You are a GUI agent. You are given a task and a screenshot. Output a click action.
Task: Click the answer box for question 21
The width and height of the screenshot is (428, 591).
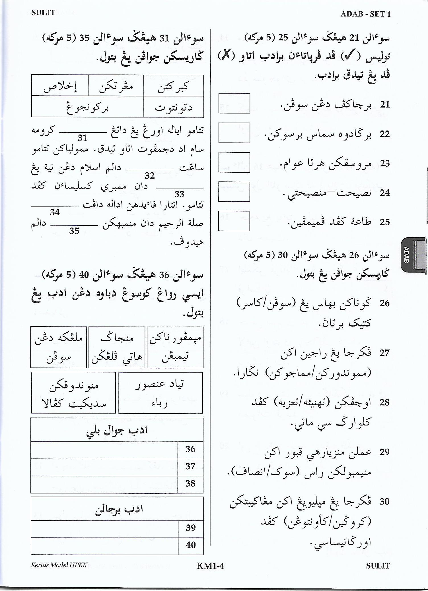234,104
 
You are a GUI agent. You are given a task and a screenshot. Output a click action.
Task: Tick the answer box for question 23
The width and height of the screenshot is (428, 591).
234,162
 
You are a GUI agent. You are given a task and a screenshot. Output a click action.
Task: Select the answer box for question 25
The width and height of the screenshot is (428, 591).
234,221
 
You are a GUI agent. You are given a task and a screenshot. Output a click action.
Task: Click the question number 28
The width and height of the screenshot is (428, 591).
384,402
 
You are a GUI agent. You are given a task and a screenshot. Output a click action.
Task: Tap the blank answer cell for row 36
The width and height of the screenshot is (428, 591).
104,450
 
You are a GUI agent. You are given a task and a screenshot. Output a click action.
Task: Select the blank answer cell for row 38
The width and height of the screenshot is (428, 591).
104,484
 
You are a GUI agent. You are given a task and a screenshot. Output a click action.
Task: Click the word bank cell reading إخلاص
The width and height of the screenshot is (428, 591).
60,86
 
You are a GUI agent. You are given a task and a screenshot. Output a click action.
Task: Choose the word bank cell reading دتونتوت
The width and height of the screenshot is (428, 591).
174,107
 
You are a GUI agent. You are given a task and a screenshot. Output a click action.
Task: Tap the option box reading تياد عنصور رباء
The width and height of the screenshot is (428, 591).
160,393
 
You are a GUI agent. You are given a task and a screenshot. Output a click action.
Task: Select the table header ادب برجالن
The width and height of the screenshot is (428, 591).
117,509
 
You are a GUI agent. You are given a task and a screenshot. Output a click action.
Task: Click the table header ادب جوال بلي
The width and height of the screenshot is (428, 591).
117,430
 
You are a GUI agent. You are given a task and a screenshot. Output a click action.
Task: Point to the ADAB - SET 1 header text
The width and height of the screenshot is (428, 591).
365,14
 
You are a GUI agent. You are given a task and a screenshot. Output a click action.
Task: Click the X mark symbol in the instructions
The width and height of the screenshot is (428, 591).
227,55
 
